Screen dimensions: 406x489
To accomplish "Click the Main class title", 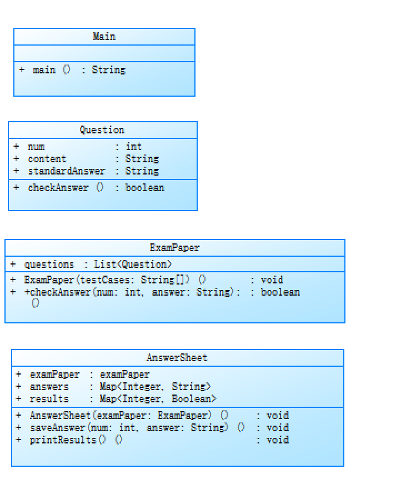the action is (104, 37).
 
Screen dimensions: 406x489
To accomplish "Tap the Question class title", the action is (102, 130).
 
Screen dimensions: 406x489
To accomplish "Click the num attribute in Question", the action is (36, 147).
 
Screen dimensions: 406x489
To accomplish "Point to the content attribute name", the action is (47, 159).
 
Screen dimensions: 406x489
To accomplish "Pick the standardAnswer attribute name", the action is (66, 171).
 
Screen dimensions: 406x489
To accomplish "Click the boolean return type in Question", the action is (144, 188).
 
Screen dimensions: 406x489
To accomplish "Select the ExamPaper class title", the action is (174, 248).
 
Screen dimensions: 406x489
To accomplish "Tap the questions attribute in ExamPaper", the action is (49, 265).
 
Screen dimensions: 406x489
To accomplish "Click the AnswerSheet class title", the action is (177, 358).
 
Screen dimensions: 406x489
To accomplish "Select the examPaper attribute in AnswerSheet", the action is (54, 375).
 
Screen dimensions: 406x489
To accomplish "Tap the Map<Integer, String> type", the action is (155, 387).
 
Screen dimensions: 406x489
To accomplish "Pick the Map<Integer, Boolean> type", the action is (158, 399).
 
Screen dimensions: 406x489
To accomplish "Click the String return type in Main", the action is (109, 70).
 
